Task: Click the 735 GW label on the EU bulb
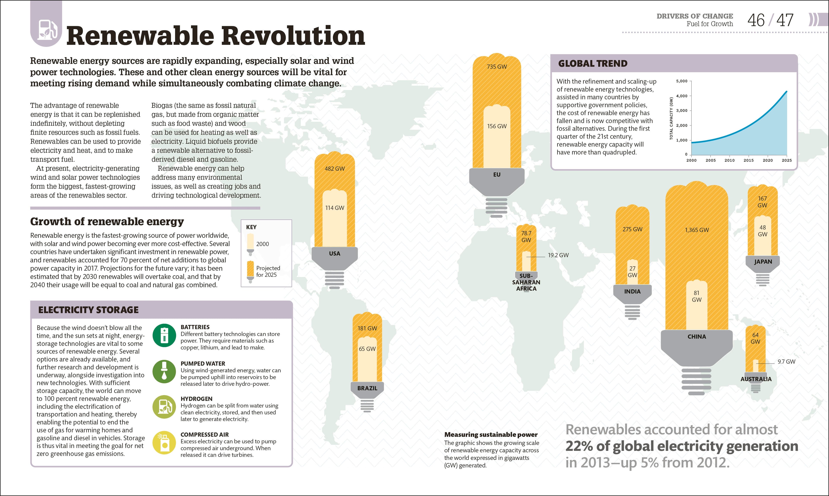coord(497,67)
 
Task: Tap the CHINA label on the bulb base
coord(696,337)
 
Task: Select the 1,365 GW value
coord(696,230)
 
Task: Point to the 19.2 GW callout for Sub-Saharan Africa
coord(558,255)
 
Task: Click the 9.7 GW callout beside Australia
coord(786,362)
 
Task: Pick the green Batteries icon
coord(164,335)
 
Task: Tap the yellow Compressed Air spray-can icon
coord(164,442)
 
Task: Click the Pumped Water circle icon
coord(164,371)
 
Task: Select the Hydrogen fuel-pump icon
coord(164,407)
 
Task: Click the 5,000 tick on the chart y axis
coord(682,81)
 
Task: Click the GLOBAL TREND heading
coord(593,64)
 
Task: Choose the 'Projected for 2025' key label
coord(268,271)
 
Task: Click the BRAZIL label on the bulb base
coord(367,388)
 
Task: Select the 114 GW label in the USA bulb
coord(335,208)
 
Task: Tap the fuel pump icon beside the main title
coord(47,29)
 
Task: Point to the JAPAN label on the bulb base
coord(763,261)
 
